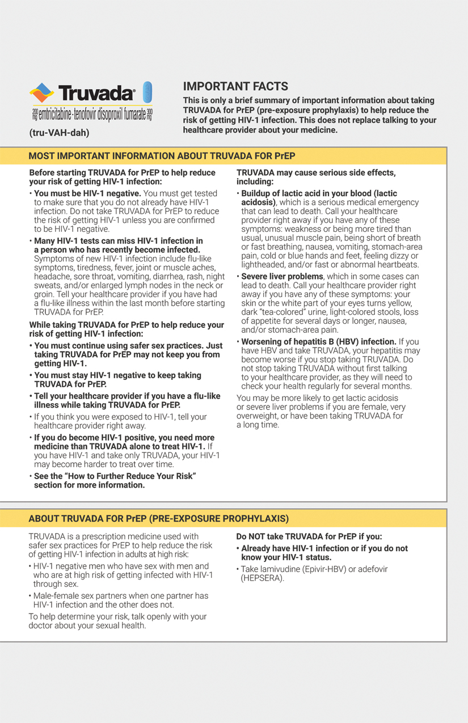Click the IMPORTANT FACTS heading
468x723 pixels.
pyautogui.click(x=235, y=86)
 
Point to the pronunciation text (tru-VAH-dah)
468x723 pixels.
pyautogui.click(x=59, y=133)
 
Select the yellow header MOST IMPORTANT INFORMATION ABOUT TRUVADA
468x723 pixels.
pyautogui.click(x=162, y=156)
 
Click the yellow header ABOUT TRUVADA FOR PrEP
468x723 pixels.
pyautogui.click(x=158, y=518)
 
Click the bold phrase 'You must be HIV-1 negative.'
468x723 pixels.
pyautogui.click(x=87, y=193)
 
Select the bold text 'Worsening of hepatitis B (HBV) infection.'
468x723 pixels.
pyautogui.click(x=319, y=341)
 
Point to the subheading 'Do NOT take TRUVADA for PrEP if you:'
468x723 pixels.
pyautogui.click(x=309, y=536)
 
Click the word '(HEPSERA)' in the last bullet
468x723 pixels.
pyautogui.click(x=262, y=578)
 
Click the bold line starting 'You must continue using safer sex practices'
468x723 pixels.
pyautogui.click(x=128, y=345)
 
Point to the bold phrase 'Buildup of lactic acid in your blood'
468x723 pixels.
pyautogui.click(x=319, y=193)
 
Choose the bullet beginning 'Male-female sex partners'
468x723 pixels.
pyautogui.click(x=120, y=600)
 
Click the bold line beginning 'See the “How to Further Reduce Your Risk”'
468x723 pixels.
pyautogui.click(x=115, y=476)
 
